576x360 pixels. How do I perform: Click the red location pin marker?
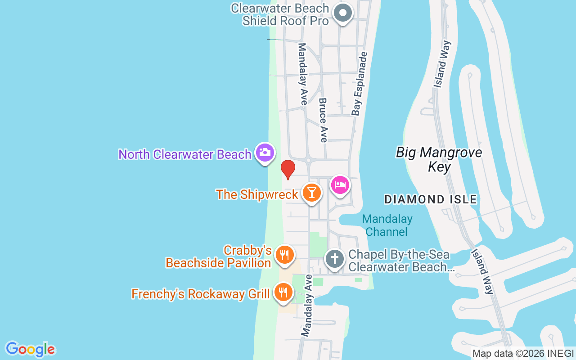tap(288, 169)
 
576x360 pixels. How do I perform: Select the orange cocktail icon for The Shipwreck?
tap(311, 192)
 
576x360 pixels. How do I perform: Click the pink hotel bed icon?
tap(340, 185)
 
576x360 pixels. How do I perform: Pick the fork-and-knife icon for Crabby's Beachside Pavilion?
tap(284, 255)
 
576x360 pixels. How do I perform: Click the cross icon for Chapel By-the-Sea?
tap(334, 259)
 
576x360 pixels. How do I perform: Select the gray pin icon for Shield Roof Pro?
tap(343, 13)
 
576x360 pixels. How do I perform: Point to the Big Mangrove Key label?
tap(439, 160)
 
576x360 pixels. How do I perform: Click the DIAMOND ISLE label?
tap(431, 199)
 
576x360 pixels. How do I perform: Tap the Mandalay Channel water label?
tap(387, 225)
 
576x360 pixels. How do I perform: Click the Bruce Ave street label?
tap(323, 120)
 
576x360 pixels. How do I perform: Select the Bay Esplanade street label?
tap(360, 84)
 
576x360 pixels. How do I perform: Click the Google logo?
tap(30, 349)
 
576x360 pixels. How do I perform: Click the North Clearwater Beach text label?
tap(184, 154)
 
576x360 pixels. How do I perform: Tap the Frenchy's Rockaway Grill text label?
tap(200, 294)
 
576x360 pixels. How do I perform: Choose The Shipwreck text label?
tap(257, 194)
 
